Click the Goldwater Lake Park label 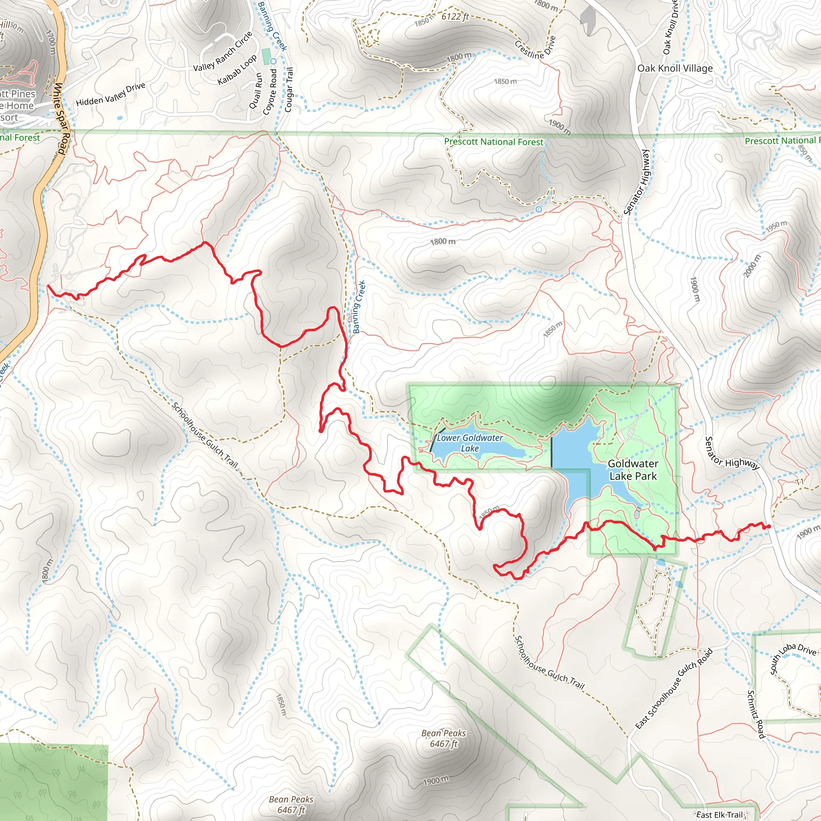tap(633, 469)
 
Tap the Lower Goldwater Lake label tap(469, 443)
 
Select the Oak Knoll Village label tap(675, 68)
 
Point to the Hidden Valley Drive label tap(111, 94)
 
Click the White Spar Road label tap(61, 119)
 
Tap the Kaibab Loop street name tap(237, 70)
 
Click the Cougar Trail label tap(289, 90)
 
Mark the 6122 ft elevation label tap(455, 16)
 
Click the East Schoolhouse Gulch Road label tap(673, 688)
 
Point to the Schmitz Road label tap(756, 714)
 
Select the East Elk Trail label tap(720, 815)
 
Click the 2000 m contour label tap(752, 266)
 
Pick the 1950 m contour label tap(776, 226)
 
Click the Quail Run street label tap(256, 91)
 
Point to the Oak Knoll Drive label tap(671, 28)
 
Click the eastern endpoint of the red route tap(769, 527)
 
